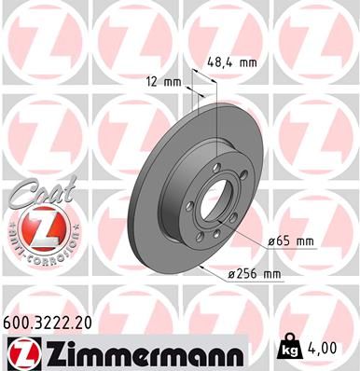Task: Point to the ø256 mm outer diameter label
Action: [x=255, y=273]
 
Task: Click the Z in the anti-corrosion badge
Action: [x=35, y=227]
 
